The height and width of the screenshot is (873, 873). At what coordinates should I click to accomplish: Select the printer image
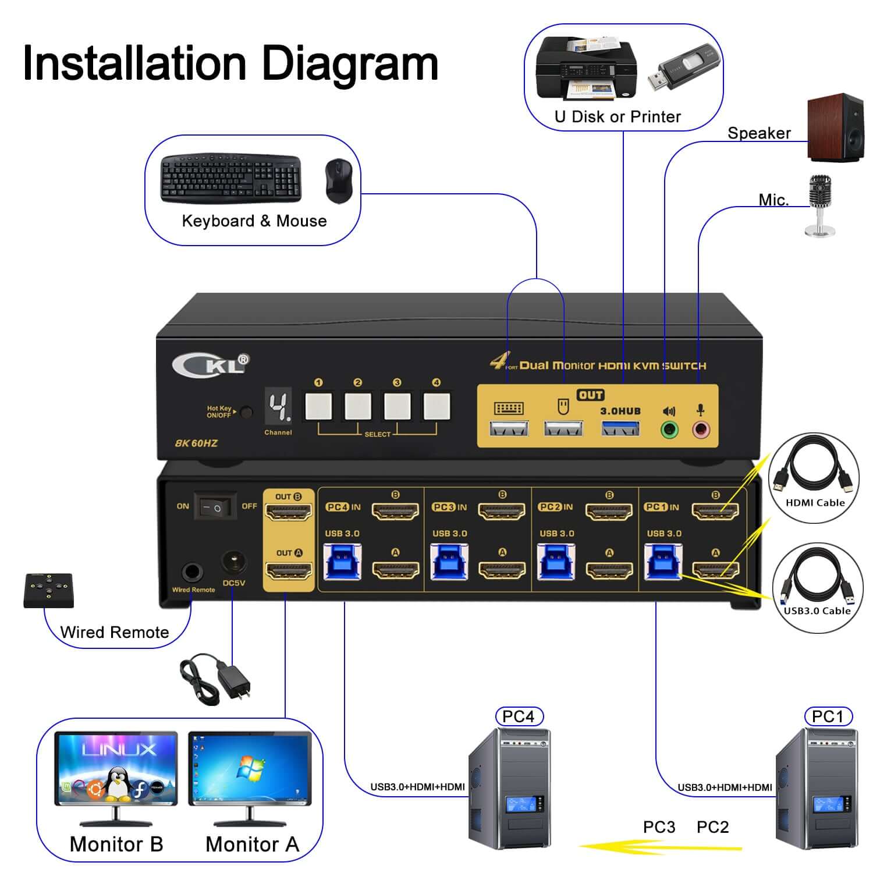[x=585, y=69]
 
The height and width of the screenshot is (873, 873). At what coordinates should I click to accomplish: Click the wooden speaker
[x=835, y=127]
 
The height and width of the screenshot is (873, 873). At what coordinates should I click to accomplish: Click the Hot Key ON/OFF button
[x=247, y=413]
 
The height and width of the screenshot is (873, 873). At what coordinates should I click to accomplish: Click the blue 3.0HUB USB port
[x=620, y=429]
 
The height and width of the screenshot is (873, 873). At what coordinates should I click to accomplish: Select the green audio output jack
[x=669, y=430]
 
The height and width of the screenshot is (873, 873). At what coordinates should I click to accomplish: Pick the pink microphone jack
[x=701, y=430]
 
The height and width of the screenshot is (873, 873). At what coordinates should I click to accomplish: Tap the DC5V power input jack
[x=234, y=563]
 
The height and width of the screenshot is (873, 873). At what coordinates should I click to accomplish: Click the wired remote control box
[x=49, y=590]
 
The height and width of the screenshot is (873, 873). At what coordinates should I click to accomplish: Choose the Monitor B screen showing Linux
[x=116, y=768]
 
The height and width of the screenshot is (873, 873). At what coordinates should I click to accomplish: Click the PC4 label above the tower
[x=518, y=716]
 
